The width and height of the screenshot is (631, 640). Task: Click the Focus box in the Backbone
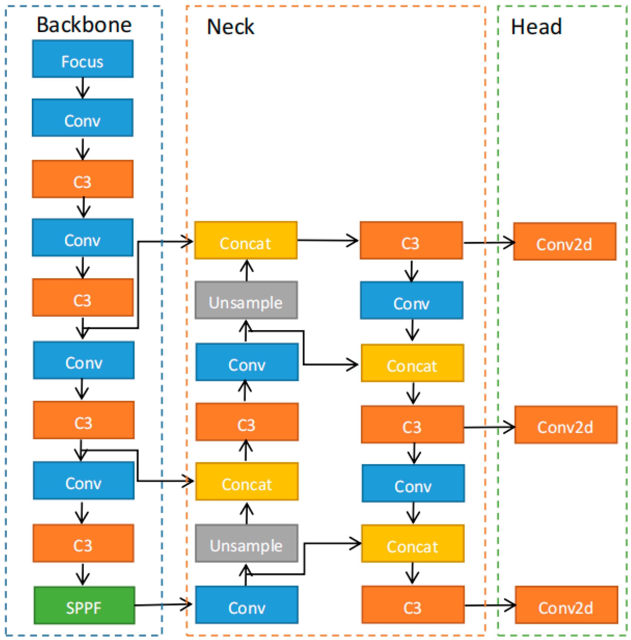83,59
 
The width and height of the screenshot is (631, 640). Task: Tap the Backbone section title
84,25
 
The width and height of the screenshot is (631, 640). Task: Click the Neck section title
230,27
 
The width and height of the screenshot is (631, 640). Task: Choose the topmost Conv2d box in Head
564,242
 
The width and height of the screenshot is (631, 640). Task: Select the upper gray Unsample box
246,300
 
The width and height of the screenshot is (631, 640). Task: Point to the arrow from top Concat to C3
328,240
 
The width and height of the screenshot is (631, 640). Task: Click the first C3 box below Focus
83,179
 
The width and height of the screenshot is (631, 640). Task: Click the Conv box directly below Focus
83,118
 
